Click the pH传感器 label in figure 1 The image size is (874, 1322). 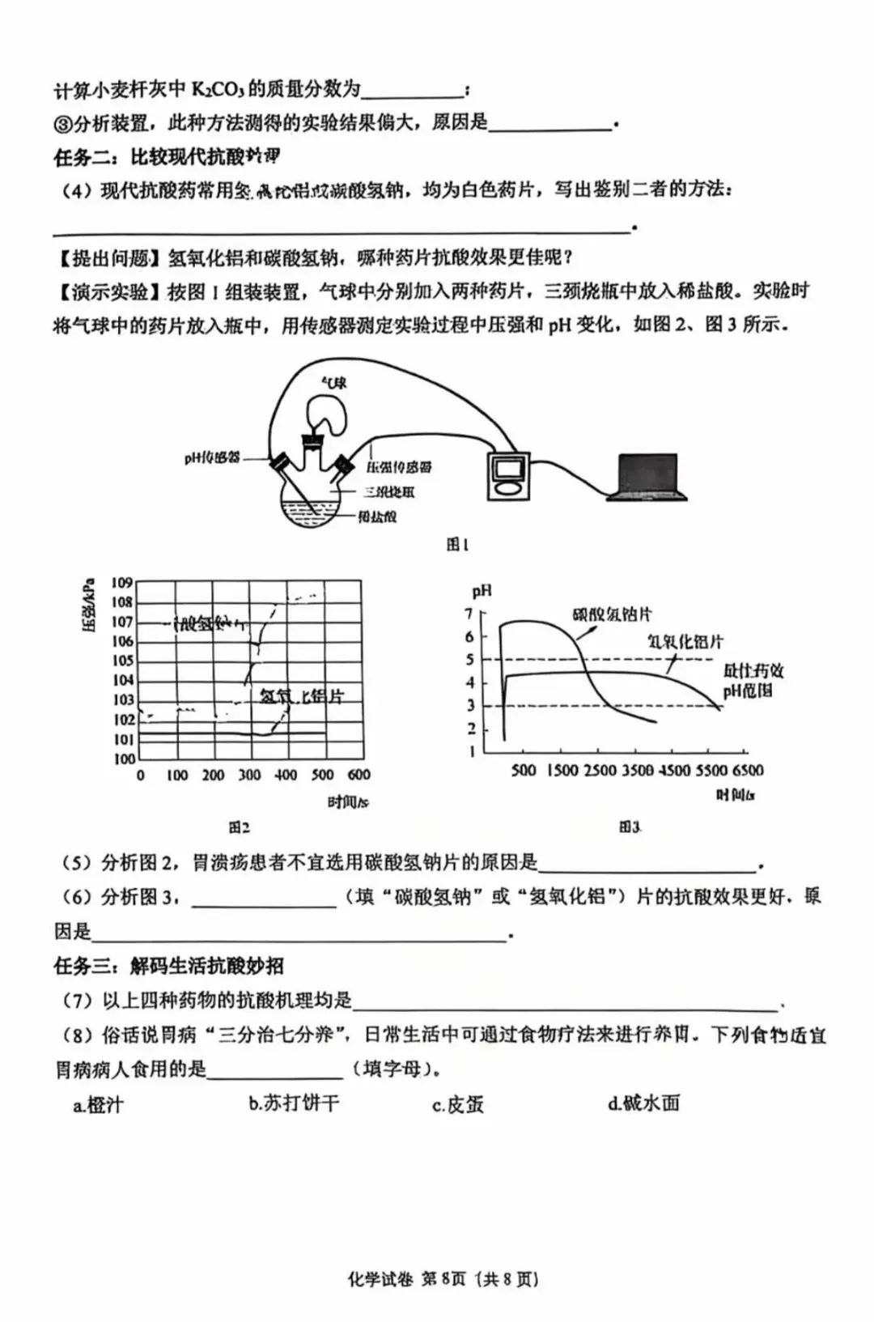pyautogui.click(x=212, y=458)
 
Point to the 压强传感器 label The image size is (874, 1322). pyautogui.click(x=399, y=467)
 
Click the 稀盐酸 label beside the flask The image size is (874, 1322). pyautogui.click(x=378, y=516)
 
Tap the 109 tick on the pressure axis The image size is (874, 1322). pyautogui.click(x=122, y=582)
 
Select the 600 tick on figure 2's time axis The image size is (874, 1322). pyautogui.click(x=359, y=775)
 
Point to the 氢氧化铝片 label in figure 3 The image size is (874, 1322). pyautogui.click(x=685, y=642)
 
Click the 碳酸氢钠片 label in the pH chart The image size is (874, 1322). pyautogui.click(x=612, y=614)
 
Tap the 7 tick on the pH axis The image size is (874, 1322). pyautogui.click(x=469, y=614)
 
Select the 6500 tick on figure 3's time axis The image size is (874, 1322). pyautogui.click(x=748, y=770)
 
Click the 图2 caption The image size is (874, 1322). pyautogui.click(x=239, y=827)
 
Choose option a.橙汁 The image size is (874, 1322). pyautogui.click(x=98, y=1104)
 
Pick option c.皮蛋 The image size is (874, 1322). pyautogui.click(x=457, y=1104)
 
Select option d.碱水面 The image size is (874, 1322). pyautogui.click(x=643, y=1103)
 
